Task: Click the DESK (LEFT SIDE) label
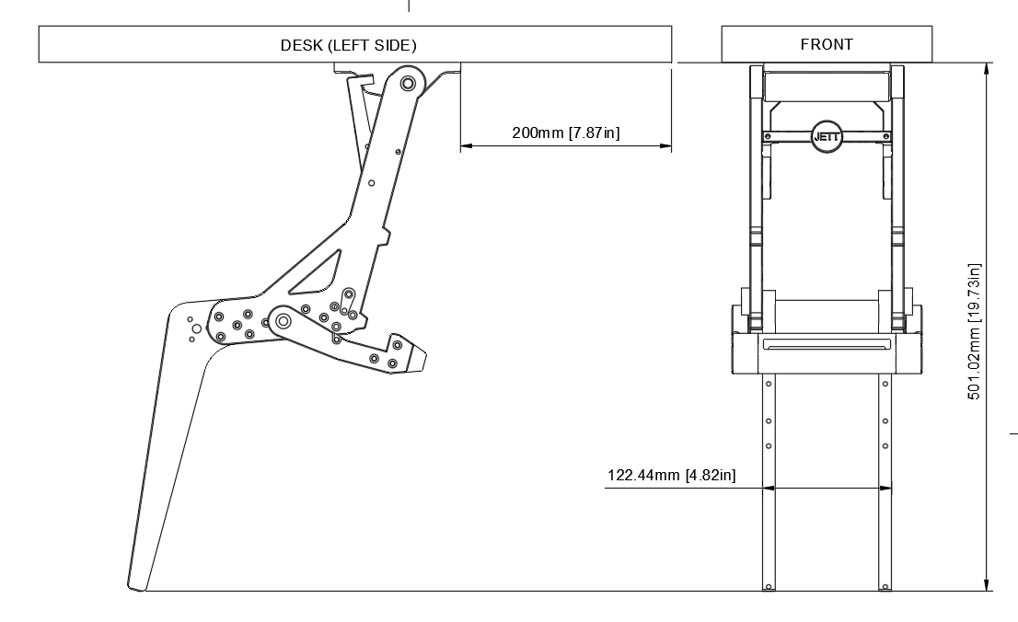[348, 45]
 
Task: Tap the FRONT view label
[827, 44]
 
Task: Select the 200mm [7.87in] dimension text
[565, 132]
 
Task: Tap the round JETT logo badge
[826, 135]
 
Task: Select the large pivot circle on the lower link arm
[283, 321]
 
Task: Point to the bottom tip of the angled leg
[138, 585]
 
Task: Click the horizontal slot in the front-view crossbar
[826, 346]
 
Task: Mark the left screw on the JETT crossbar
[766, 136]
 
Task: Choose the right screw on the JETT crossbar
[885, 136]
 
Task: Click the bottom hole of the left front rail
[768, 583]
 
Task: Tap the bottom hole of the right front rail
[885, 583]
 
